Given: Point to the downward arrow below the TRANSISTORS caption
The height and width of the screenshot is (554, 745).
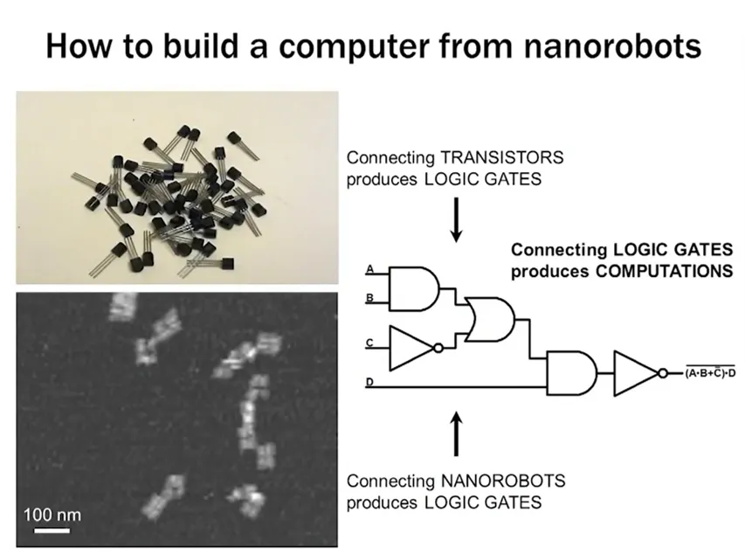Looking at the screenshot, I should click(456, 223).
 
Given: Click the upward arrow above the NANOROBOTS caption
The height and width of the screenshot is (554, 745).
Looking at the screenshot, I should click(456, 435).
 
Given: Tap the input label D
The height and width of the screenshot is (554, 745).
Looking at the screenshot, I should click(370, 381).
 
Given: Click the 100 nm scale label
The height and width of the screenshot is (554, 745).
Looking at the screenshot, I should click(52, 514).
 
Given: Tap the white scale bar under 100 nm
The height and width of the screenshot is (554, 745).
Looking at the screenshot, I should click(52, 530).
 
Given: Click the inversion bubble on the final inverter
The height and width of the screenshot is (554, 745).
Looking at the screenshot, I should click(664, 373).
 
